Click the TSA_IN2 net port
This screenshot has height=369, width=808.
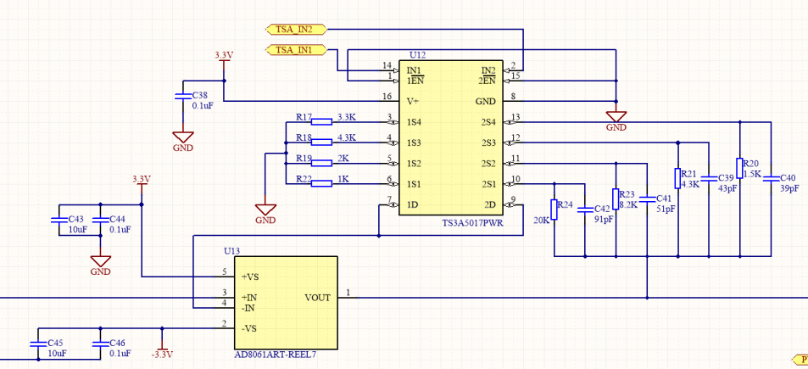pyautogui.click(x=296, y=29)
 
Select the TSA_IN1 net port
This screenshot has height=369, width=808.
pyautogui.click(x=296, y=49)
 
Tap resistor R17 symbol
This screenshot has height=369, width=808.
pyautogui.click(x=322, y=121)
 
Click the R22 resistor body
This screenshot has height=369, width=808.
pyautogui.click(x=322, y=183)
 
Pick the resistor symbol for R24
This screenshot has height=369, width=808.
pyautogui.click(x=554, y=210)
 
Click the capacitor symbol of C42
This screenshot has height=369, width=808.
pyautogui.click(x=585, y=210)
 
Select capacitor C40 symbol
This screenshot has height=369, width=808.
pyautogui.click(x=771, y=178)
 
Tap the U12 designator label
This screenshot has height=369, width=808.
pyautogui.click(x=417, y=55)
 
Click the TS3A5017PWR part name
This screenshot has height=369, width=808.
pyautogui.click(x=472, y=223)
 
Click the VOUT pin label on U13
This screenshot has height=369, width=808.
pyautogui.click(x=317, y=298)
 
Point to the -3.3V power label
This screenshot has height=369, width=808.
pyautogui.click(x=162, y=355)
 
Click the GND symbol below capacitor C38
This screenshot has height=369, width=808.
pyautogui.click(x=183, y=137)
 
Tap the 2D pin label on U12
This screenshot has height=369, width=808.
pyautogui.click(x=489, y=204)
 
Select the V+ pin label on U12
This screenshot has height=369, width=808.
pyautogui.click(x=413, y=102)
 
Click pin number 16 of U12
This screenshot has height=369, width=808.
pyautogui.click(x=387, y=97)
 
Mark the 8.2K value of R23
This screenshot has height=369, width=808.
pyautogui.click(x=628, y=204)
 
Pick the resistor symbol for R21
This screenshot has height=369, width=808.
pyautogui.click(x=677, y=178)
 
